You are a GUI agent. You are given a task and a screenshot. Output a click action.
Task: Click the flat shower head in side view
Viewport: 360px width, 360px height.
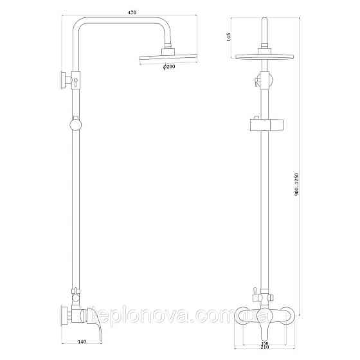click(168, 59)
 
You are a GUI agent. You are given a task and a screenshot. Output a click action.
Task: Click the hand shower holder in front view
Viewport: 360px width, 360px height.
click(265, 125)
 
